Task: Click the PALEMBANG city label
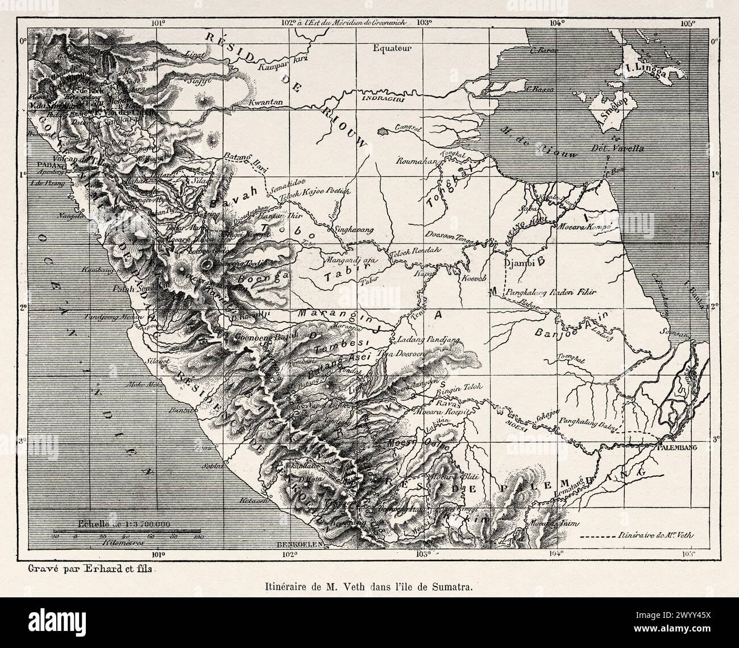pyautogui.click(x=676, y=447)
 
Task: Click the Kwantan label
pyautogui.click(x=265, y=102)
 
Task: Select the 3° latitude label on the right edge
pyautogui.click(x=715, y=439)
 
